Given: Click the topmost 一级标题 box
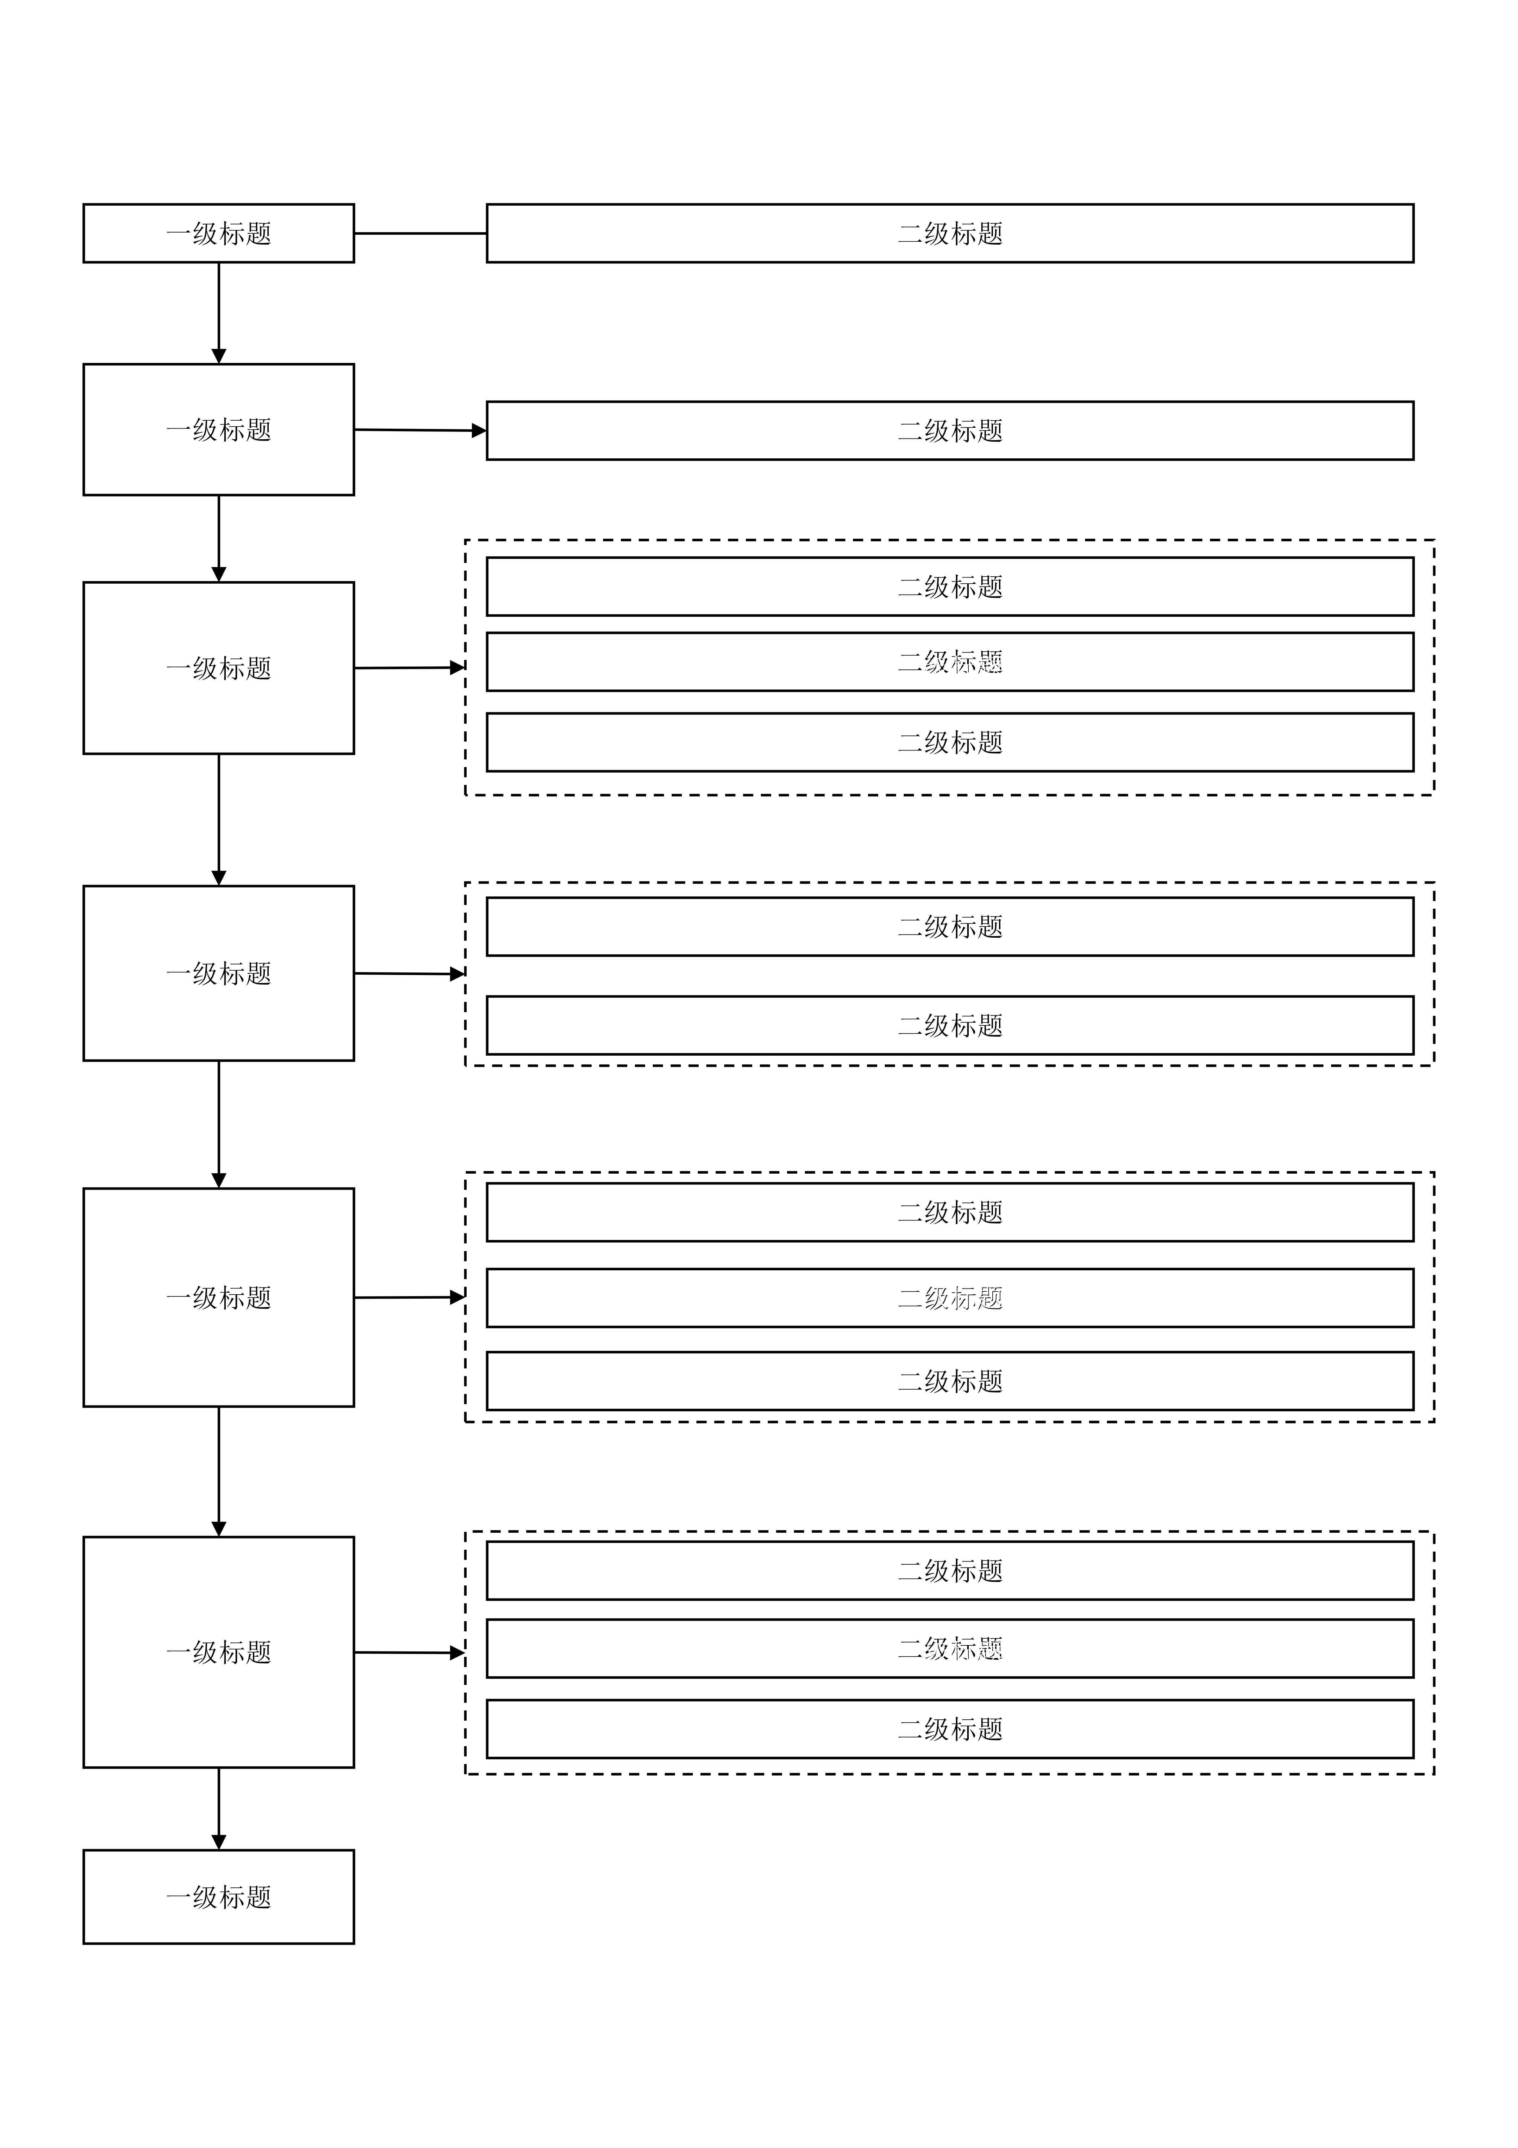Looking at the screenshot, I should [219, 233].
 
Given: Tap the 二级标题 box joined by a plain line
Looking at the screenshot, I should [949, 233].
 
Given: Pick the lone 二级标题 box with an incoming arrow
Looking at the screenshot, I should [949, 430].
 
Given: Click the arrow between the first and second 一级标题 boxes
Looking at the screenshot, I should [219, 313].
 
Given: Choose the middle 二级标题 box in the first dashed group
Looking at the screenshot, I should [949, 661].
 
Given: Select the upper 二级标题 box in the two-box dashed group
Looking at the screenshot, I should [949, 926].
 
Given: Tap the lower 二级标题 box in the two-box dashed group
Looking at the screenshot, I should [949, 1025].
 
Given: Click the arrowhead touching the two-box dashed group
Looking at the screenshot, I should [457, 974].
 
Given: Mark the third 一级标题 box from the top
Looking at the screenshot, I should [219, 668].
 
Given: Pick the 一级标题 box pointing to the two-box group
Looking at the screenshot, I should [219, 973].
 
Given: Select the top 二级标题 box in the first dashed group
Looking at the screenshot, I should [949, 587].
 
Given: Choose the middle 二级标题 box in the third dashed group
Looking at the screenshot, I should [949, 1298].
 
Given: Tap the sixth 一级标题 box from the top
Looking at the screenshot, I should [219, 1652].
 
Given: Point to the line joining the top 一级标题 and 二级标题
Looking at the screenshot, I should [420, 233].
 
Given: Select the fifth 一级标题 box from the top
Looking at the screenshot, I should [219, 1298].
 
